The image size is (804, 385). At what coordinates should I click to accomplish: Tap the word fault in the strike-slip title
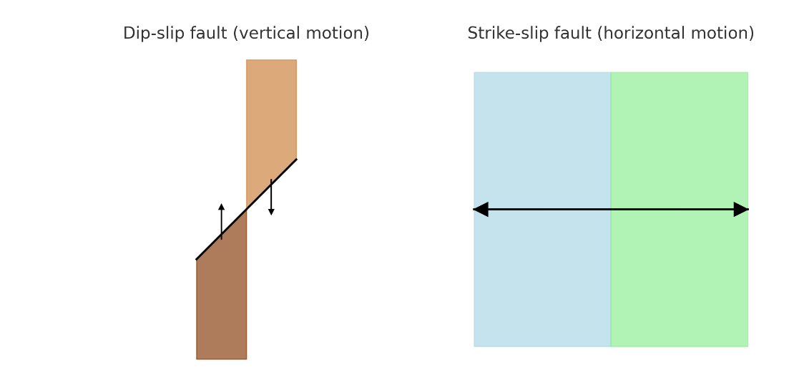[x=572, y=34]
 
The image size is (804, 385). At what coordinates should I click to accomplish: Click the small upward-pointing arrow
[x=221, y=222]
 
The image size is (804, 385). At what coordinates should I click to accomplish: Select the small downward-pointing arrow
[x=271, y=197]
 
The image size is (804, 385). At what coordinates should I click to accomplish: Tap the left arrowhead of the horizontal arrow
[x=481, y=210]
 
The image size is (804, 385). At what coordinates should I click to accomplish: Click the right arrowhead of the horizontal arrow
[x=741, y=210]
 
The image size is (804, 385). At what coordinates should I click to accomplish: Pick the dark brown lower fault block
[x=221, y=308]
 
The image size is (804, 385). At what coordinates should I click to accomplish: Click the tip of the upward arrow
[x=221, y=205]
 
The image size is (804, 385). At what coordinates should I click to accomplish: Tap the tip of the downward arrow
[x=271, y=214]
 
